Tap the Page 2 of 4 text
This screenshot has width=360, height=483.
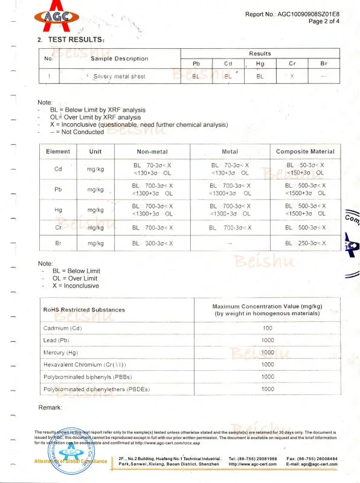pyautogui.click(x=324, y=21)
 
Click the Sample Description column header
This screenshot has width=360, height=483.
pyautogui.click(x=119, y=59)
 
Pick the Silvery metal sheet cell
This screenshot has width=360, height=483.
pyautogui.click(x=119, y=77)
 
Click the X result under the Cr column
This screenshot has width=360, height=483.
pyautogui.click(x=292, y=77)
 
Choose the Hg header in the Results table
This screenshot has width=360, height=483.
pyautogui.click(x=260, y=63)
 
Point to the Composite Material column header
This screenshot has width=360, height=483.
pyautogui.click(x=305, y=152)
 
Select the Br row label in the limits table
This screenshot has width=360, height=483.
pyautogui.click(x=58, y=243)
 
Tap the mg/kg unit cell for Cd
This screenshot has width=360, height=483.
pyautogui.click(x=95, y=169)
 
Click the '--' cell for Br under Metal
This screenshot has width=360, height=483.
pyautogui.click(x=230, y=243)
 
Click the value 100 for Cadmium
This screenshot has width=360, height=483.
pyautogui.click(x=268, y=328)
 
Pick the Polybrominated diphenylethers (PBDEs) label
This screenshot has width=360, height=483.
pyautogui.click(x=96, y=389)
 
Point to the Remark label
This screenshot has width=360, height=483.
pyautogui.click(x=50, y=408)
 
